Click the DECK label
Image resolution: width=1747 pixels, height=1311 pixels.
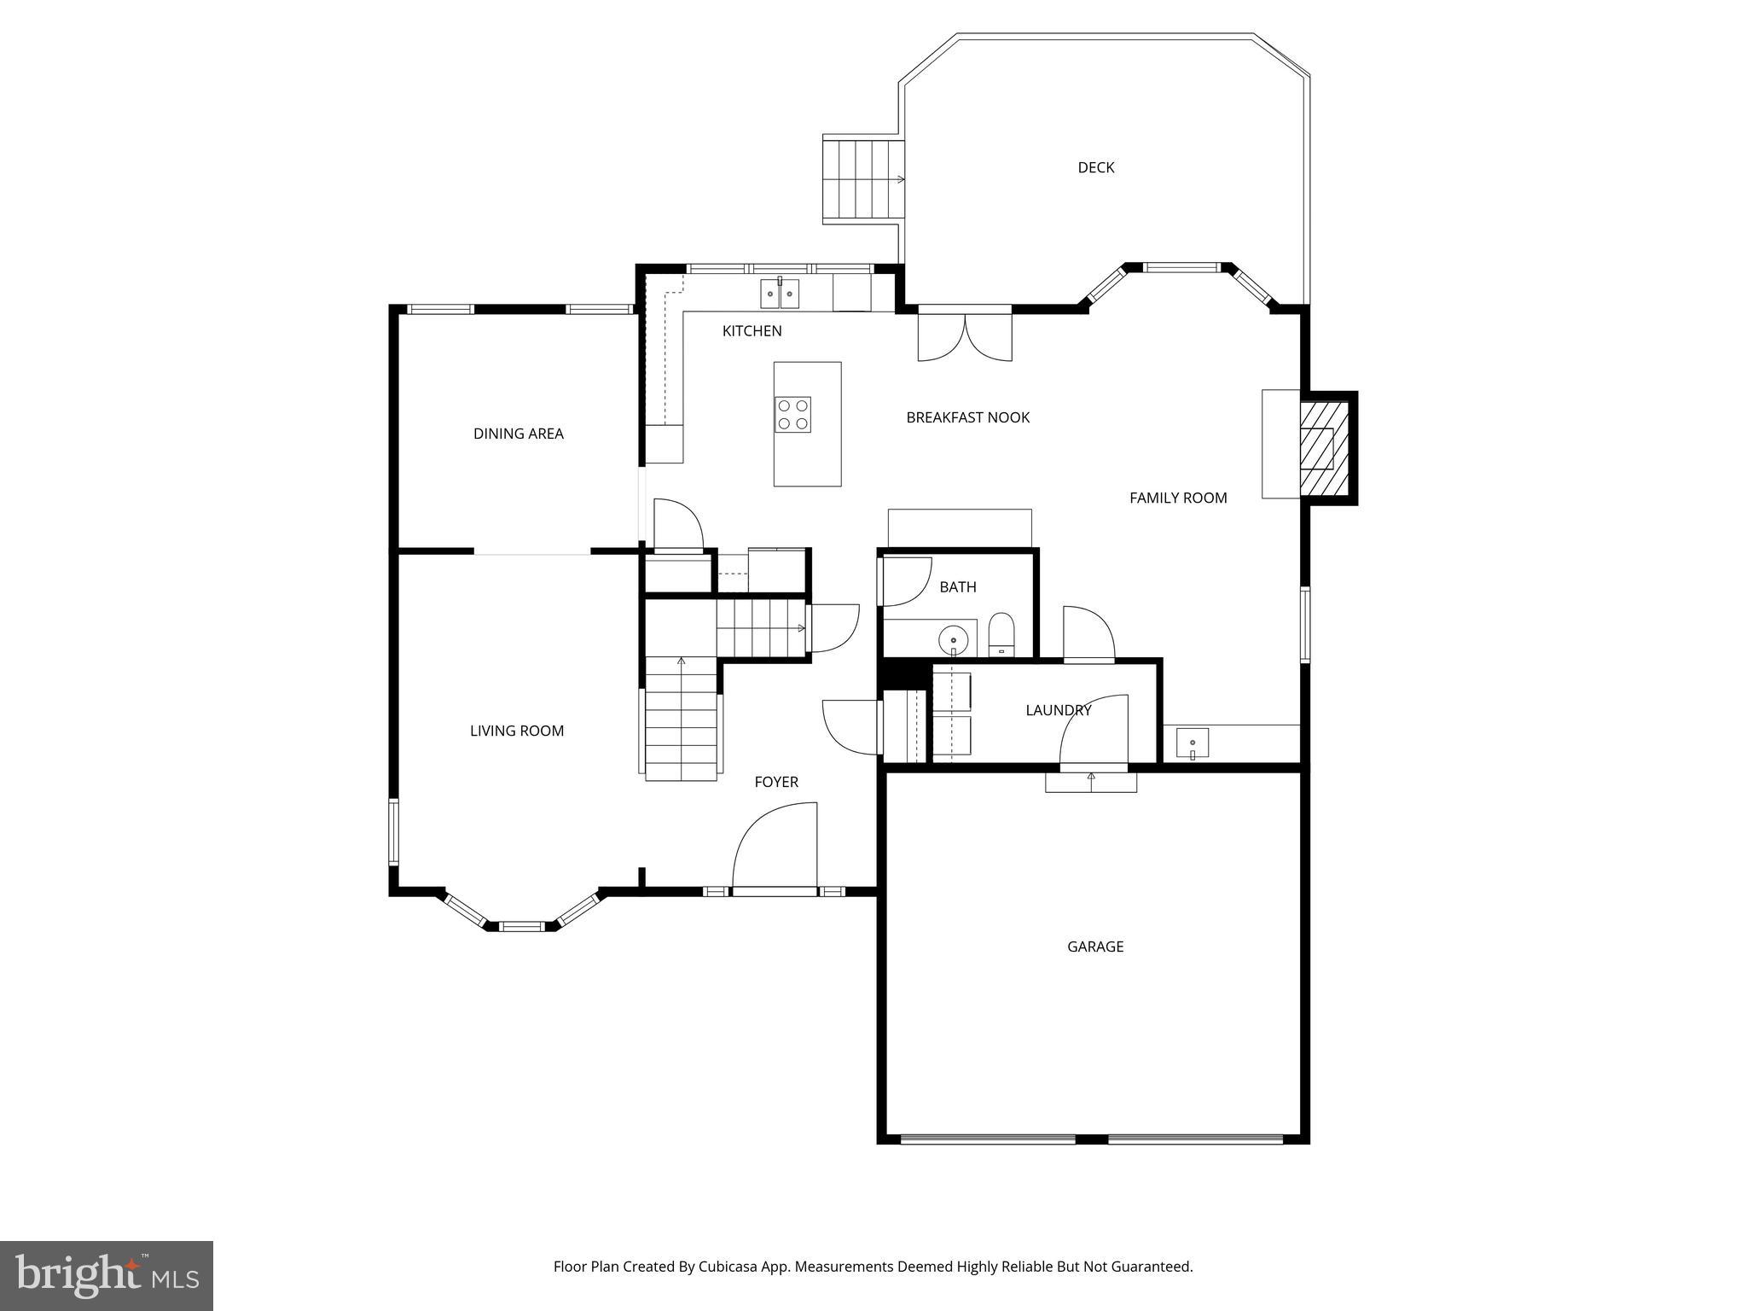[1095, 167]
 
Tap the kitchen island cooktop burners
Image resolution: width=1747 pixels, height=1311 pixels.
[792, 415]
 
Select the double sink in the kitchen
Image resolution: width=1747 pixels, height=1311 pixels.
[781, 294]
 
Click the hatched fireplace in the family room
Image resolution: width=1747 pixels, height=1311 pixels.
[1324, 447]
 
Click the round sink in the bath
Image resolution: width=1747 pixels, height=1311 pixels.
[953, 638]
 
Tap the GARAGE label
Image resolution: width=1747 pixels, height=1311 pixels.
[1094, 947]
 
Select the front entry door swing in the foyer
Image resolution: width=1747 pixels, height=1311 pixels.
[775, 848]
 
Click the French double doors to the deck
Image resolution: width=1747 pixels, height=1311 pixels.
[965, 337]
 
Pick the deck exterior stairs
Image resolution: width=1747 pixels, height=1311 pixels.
[862, 179]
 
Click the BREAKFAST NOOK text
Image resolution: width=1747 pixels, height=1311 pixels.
[967, 417]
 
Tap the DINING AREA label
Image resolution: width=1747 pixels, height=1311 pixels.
[518, 434]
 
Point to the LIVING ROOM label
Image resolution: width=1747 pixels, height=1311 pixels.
[516, 731]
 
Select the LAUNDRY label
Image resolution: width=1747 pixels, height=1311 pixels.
[1058, 710]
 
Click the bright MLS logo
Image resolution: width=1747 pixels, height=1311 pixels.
[106, 1275]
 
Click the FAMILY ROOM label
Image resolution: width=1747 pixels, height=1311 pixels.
[1177, 498]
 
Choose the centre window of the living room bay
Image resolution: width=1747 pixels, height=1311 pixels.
[521, 926]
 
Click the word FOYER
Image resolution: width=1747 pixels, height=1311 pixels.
[775, 782]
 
